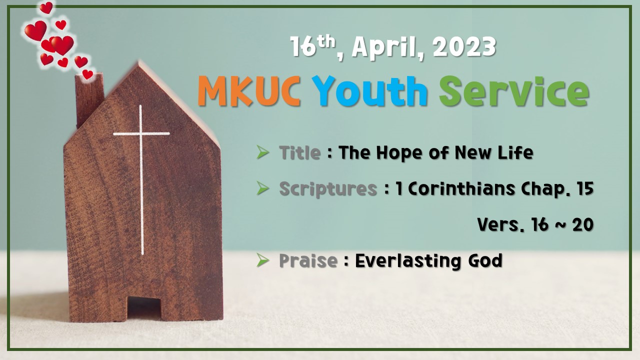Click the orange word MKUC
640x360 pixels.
248,91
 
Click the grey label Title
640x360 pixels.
299,152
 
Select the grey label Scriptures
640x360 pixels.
327,188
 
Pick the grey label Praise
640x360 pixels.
307,260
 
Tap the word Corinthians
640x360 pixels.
464,188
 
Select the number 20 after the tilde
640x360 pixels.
582,224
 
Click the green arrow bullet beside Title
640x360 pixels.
262,152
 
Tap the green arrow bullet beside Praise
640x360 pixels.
262,260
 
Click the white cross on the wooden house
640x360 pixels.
141,150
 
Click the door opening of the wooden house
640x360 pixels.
143,307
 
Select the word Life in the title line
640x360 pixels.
518,152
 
